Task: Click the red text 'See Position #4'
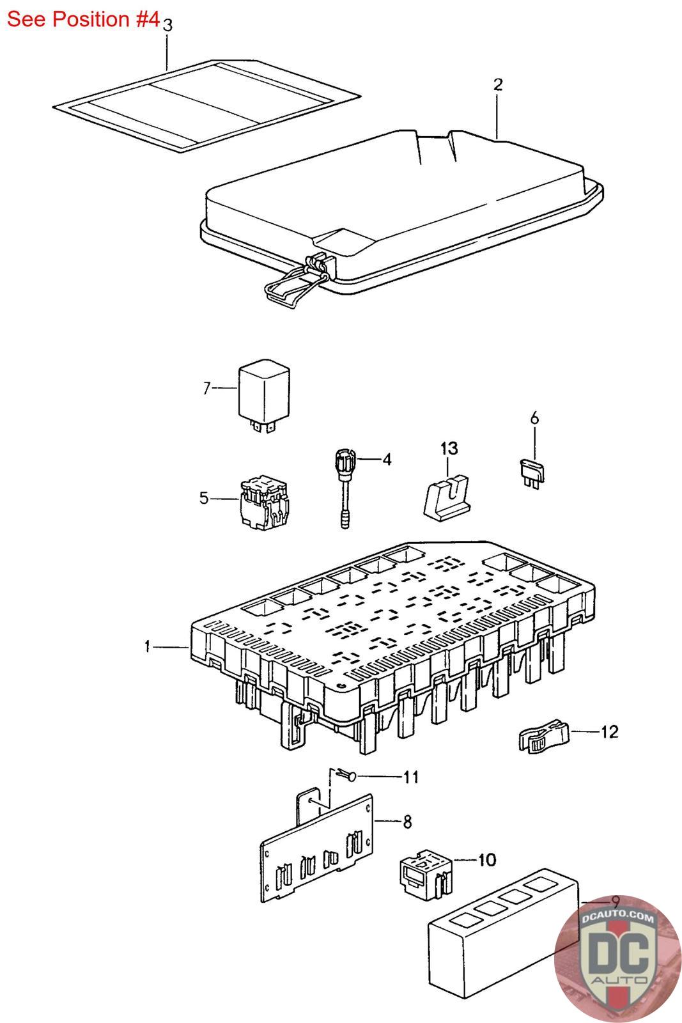point(83,19)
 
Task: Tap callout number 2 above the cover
point(498,84)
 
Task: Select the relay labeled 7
point(263,394)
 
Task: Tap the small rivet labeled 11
point(348,776)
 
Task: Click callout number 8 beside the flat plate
point(407,822)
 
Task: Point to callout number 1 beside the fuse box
point(147,647)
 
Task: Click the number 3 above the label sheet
point(167,26)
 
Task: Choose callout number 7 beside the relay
point(206,388)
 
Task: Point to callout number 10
point(486,860)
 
